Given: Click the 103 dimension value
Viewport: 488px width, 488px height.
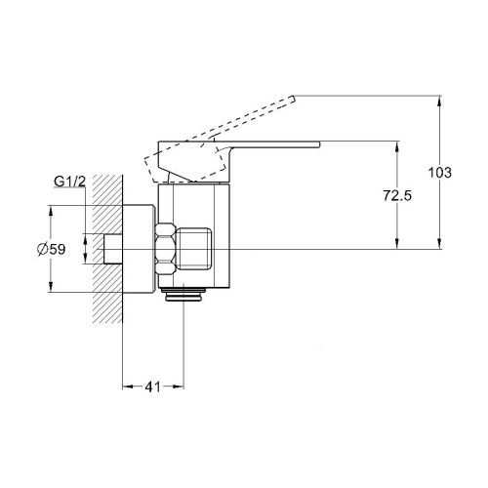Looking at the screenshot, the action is click(x=439, y=173).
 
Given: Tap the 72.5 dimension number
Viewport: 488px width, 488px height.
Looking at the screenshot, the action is click(x=397, y=195).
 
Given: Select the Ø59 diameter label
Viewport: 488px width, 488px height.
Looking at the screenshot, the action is click(x=52, y=250).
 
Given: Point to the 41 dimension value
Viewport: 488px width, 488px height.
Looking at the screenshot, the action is click(x=152, y=386).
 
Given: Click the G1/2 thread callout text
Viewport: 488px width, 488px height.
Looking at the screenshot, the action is click(x=69, y=182).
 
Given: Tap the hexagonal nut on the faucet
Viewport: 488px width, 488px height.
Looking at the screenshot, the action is click(x=166, y=249).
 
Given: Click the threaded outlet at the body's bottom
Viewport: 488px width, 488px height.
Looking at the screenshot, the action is click(x=184, y=295).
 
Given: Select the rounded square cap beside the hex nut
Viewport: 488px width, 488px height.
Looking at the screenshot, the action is click(x=194, y=249).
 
